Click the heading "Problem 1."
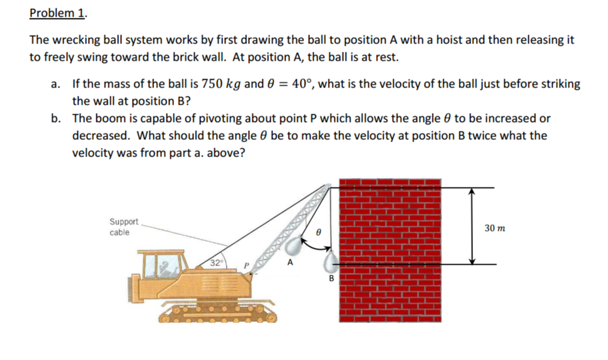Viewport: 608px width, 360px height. pos(57,13)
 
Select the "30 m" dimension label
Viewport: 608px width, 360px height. pos(494,228)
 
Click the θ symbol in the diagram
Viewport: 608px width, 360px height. pos(319,233)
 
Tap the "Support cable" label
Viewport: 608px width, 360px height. pos(123,227)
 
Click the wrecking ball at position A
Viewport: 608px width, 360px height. pos(294,245)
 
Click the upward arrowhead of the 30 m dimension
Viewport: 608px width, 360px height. pos(472,192)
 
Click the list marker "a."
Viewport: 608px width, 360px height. pos(55,84)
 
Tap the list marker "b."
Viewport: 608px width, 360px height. pos(56,118)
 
